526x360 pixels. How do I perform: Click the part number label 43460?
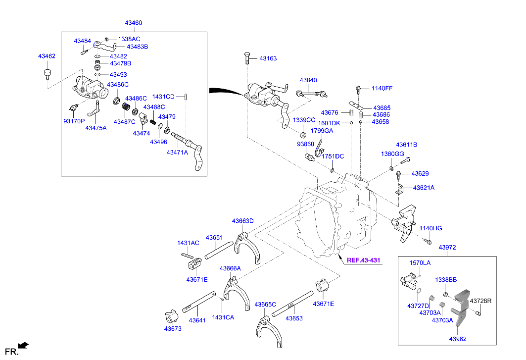(134, 23)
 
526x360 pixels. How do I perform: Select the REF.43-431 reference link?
(363, 260)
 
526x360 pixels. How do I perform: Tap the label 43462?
(47, 56)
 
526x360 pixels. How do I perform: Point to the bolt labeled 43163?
(246, 58)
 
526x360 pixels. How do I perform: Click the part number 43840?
(308, 80)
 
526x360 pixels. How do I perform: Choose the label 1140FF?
(382, 88)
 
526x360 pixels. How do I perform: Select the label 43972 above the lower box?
(447, 247)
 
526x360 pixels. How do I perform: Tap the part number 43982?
(458, 339)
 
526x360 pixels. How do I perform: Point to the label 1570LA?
(420, 262)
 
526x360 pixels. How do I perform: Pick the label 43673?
(173, 328)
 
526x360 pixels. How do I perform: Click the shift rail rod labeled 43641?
(197, 303)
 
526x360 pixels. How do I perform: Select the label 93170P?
(74, 121)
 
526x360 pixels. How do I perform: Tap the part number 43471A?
(177, 153)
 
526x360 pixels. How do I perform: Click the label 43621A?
(424, 188)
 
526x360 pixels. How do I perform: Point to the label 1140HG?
(430, 228)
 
